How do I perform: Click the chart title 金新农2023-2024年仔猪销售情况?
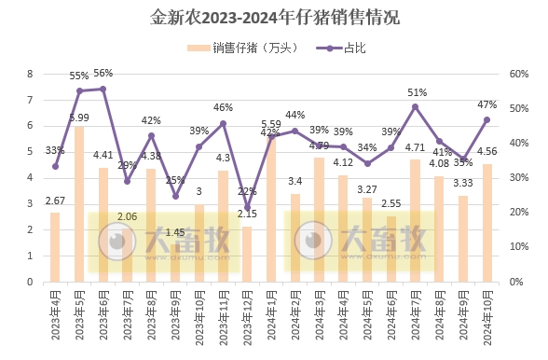click(274, 18)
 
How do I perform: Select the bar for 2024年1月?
click(272, 209)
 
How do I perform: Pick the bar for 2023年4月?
click(55, 246)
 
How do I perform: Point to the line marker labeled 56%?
click(103, 89)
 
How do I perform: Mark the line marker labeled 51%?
click(415, 106)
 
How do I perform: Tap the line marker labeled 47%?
click(486, 119)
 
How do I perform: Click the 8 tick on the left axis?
click(30, 74)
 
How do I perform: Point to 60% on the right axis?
click(518, 74)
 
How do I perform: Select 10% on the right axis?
click(518, 247)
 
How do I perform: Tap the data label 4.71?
click(415, 147)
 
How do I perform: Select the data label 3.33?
click(462, 184)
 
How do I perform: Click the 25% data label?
click(175, 180)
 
